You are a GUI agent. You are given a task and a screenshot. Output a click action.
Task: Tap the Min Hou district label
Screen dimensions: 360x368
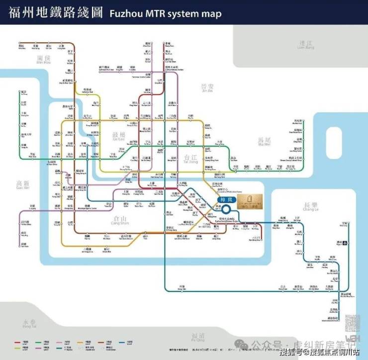pos(44,60)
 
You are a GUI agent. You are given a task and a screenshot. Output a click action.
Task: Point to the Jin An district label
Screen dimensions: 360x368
pos(206,88)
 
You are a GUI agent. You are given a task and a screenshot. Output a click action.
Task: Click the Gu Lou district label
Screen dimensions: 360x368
pos(121,137)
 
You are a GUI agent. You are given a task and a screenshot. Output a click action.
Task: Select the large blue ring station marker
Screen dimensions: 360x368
pos(227,210)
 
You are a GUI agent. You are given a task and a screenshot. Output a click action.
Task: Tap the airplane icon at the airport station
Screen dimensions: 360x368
pos(346,243)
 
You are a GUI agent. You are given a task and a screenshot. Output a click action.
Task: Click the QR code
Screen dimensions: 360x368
pos(352,322)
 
